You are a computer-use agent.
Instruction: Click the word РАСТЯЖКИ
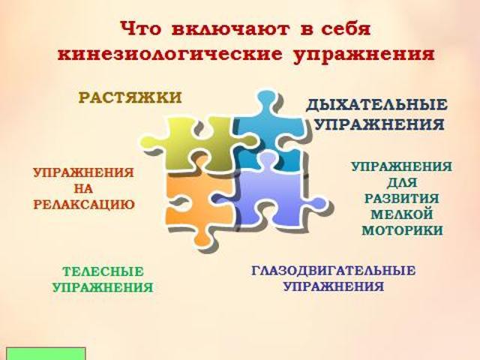point(130,97)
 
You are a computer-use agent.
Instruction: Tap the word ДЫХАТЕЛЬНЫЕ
point(376,105)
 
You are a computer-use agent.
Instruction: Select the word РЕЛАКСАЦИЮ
point(84,205)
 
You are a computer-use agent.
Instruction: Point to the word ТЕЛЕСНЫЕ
point(103,271)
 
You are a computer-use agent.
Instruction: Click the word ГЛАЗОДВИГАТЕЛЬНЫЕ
point(333,271)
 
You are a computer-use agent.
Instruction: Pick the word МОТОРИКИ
point(402,230)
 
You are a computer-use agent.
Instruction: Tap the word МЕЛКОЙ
point(402,214)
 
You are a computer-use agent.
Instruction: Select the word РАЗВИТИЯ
point(402,198)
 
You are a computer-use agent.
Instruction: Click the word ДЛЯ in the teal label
point(402,183)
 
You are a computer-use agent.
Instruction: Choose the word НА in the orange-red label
point(83,188)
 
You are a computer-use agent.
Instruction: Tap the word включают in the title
point(230,29)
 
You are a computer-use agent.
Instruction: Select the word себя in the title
point(346,29)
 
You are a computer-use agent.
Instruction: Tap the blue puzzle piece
point(269,128)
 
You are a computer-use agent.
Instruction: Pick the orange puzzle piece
point(196,202)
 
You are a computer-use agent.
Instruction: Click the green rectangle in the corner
point(46,353)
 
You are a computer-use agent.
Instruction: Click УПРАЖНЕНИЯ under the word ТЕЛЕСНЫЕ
point(103,287)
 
